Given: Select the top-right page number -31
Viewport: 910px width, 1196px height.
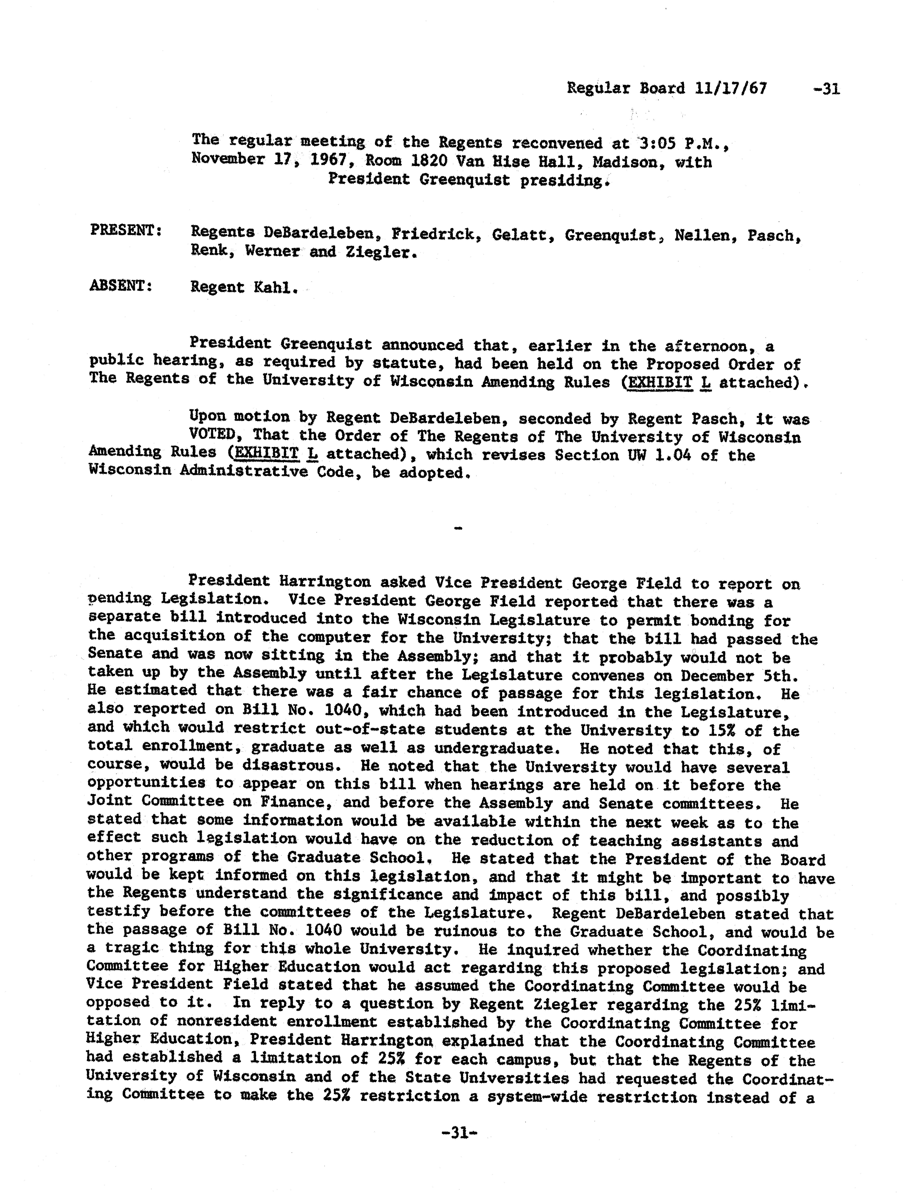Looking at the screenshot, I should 827,88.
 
